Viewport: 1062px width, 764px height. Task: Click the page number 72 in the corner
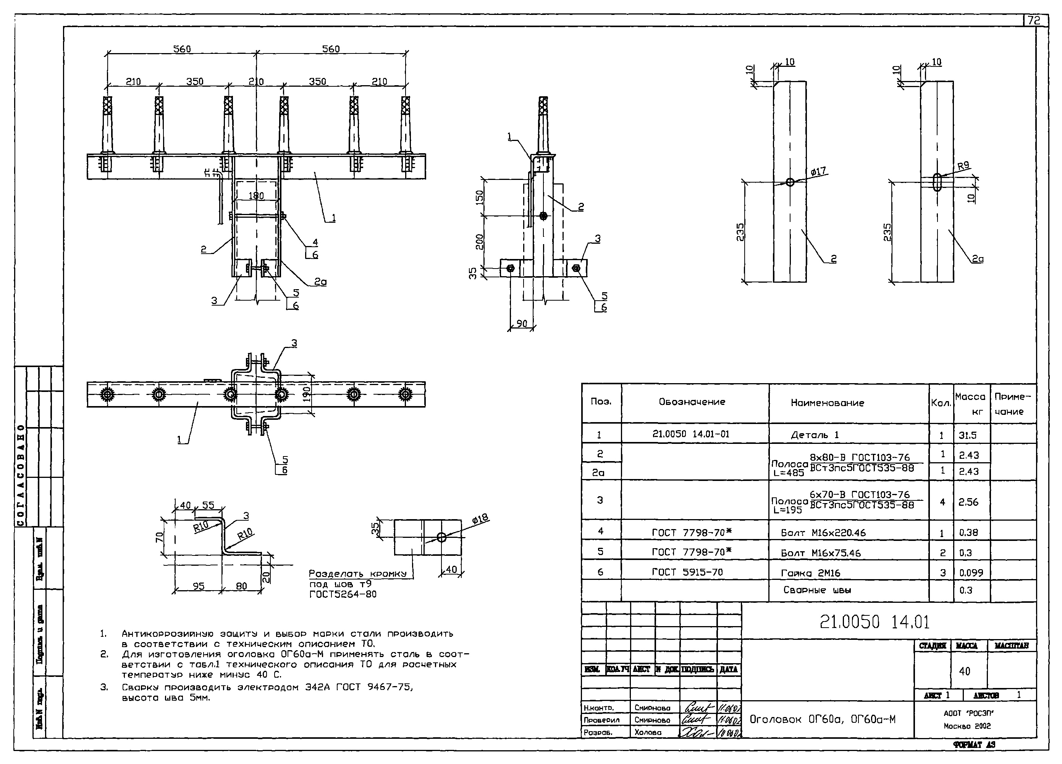point(1035,21)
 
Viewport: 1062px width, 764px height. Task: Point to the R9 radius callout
point(963,165)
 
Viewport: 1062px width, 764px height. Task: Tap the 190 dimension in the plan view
point(307,394)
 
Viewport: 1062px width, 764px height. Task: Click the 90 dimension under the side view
point(521,324)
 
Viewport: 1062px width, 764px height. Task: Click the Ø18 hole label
point(480,518)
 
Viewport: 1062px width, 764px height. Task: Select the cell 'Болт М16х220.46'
point(823,533)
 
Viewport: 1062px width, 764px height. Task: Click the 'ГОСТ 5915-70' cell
point(687,572)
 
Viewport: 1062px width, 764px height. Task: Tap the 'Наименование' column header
point(827,403)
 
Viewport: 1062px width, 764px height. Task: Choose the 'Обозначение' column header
point(692,402)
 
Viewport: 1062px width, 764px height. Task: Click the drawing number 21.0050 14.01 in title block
point(874,622)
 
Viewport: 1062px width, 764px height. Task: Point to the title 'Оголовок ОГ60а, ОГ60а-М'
point(822,719)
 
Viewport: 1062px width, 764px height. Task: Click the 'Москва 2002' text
point(967,726)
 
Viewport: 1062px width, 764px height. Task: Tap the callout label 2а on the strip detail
point(977,259)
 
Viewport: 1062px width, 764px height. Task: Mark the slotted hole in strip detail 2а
point(937,182)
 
